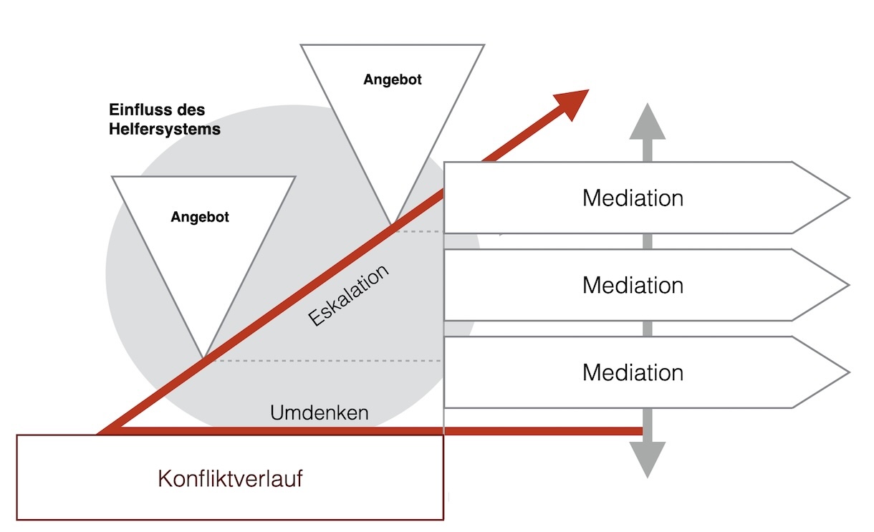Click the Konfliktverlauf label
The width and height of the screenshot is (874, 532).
pos(230,478)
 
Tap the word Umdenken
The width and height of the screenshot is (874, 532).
pos(320,413)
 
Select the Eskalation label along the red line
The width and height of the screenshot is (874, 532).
pos(350,294)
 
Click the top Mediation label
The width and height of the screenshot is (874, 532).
pos(633,198)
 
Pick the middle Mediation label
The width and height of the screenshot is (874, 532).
pos(633,285)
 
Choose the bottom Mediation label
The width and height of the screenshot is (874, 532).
pos(633,372)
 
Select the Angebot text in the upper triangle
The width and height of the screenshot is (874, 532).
pos(393,79)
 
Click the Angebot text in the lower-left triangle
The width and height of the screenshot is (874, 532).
pos(200,217)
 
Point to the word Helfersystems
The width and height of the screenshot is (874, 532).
pos(165,130)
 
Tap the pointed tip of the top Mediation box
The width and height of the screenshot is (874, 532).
pos(847,198)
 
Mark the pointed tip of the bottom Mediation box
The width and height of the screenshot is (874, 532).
pos(847,372)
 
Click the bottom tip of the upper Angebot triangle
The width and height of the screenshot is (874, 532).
pos(392,223)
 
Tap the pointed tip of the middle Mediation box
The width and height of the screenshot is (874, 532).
pos(847,285)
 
